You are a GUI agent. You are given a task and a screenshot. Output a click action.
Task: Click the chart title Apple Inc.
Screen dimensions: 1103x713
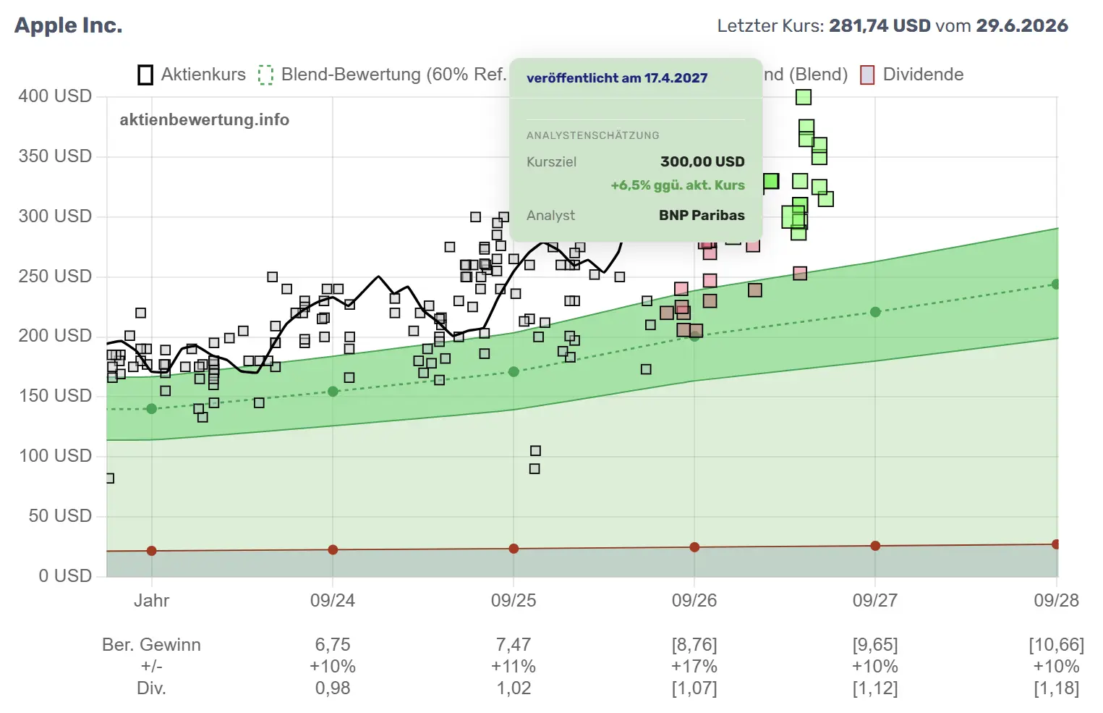(69, 25)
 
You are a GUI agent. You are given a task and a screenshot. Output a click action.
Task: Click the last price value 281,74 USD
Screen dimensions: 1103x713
(880, 25)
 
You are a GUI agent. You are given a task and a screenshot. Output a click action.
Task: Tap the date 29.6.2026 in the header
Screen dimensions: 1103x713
(1022, 25)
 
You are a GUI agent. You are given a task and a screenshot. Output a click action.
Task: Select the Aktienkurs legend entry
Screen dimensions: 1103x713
(192, 75)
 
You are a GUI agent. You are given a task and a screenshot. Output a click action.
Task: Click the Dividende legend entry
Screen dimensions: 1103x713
(912, 75)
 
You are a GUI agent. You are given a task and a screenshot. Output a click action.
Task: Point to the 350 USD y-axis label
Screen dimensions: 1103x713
(55, 156)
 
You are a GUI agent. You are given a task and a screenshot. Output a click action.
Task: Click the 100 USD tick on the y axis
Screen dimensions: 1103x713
(55, 456)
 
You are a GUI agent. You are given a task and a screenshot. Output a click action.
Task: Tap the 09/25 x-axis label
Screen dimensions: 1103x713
(513, 600)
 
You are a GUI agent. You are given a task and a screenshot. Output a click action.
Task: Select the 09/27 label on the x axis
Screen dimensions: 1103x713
(875, 600)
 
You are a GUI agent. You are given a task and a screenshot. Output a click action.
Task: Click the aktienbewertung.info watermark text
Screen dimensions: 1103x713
(205, 119)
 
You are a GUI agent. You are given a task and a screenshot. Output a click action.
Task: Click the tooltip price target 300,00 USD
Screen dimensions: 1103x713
(702, 161)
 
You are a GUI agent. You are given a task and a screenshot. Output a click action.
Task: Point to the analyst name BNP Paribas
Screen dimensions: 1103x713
(702, 215)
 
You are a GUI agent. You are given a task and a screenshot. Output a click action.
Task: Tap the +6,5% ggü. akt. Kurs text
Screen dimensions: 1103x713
(678, 185)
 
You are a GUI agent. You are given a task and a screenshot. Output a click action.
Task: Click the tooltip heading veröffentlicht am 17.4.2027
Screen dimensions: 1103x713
(617, 78)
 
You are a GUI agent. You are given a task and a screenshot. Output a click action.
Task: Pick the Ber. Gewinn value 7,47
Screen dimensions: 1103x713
(513, 644)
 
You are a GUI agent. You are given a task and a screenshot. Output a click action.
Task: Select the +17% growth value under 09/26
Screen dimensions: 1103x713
(694, 666)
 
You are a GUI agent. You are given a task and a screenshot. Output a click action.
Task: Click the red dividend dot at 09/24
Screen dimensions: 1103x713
(333, 549)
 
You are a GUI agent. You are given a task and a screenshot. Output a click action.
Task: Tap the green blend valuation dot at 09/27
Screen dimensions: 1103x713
(875, 312)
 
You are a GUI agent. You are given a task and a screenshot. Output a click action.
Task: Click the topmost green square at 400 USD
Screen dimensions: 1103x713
(803, 97)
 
